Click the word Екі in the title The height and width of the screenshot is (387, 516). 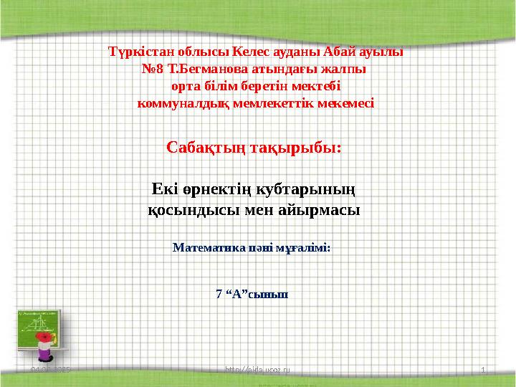[166, 190]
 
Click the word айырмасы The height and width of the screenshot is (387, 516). [321, 211]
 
